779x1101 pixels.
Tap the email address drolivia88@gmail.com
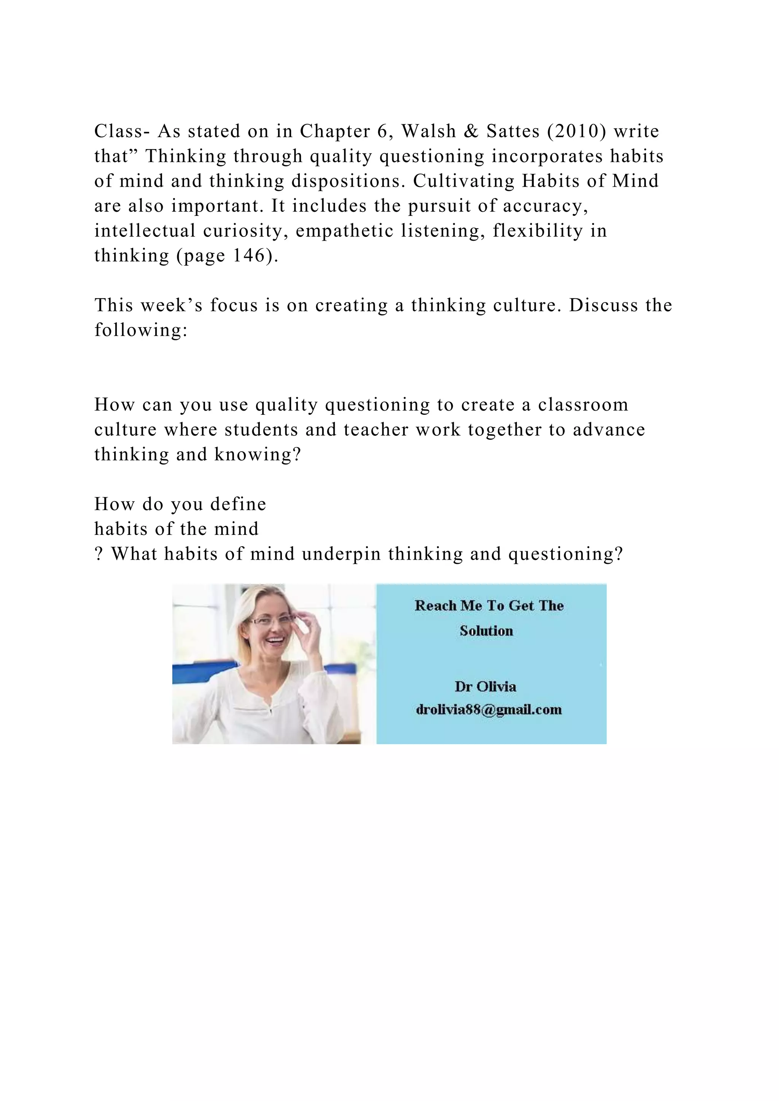pos(488,710)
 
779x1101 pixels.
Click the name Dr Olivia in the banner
pos(485,687)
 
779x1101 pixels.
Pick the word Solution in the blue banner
pos(486,631)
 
